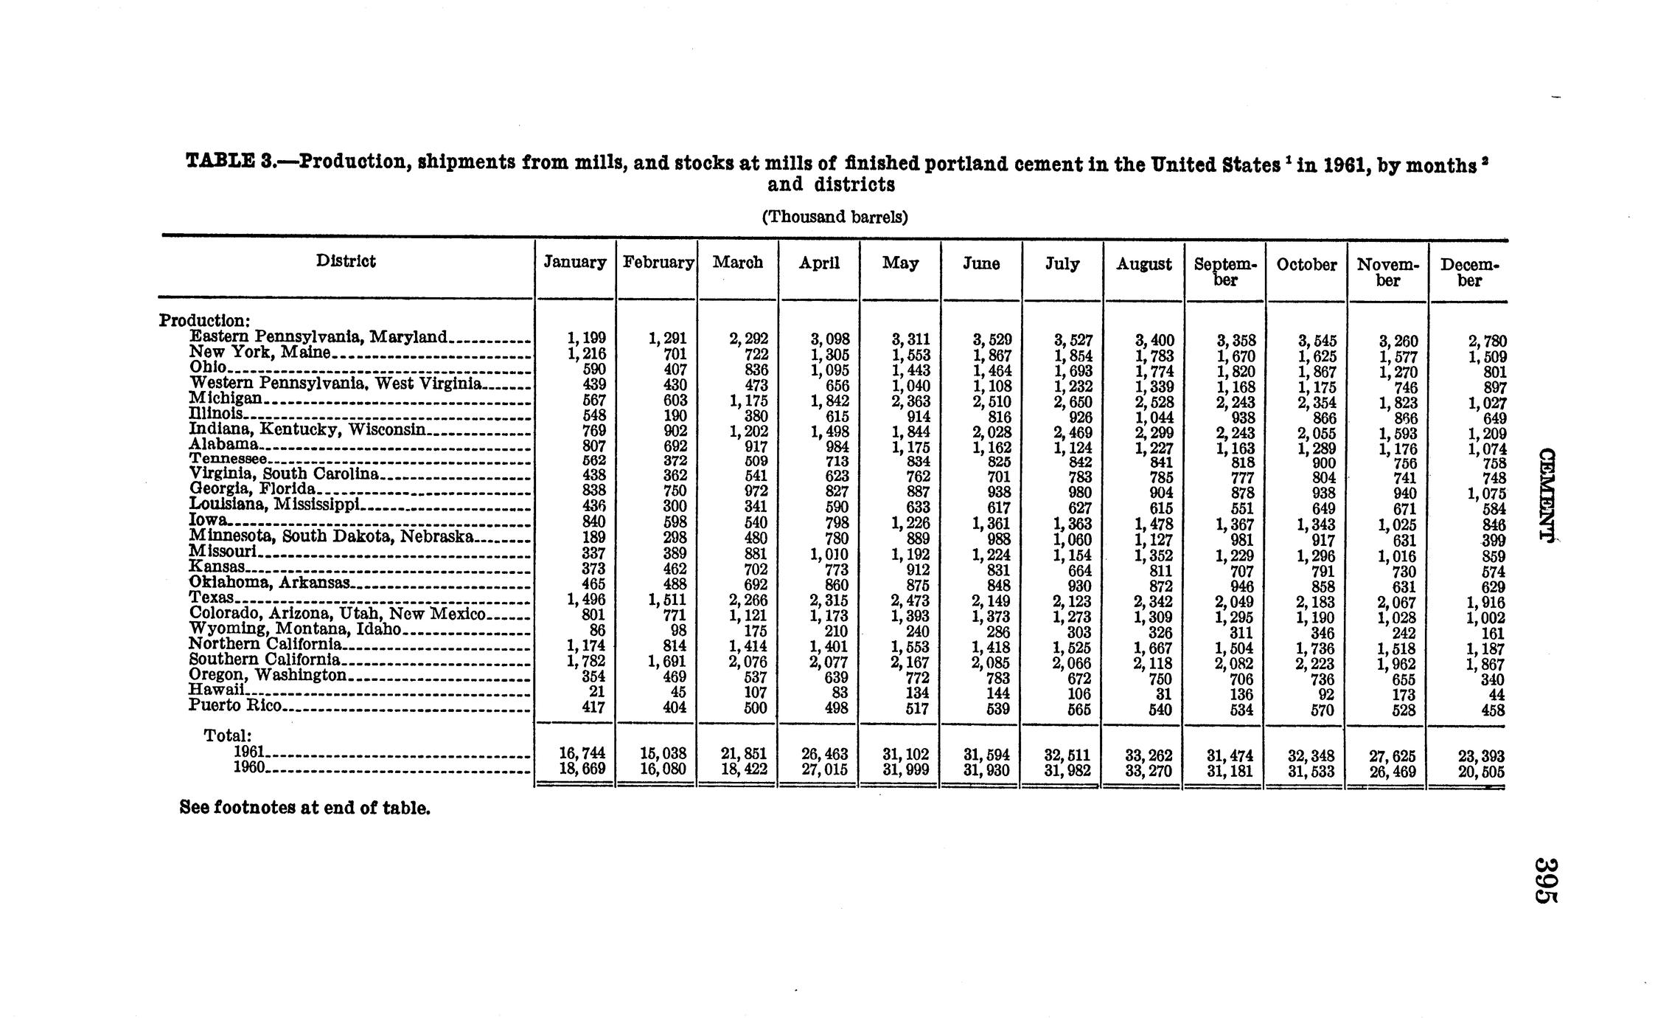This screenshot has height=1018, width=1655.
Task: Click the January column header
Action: [574, 263]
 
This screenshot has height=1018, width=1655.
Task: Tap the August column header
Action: [1143, 264]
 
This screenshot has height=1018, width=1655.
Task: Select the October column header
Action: [1306, 265]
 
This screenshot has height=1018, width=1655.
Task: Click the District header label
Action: [346, 261]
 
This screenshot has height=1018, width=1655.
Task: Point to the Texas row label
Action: [212, 598]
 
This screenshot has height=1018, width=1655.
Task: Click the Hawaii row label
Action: [216, 690]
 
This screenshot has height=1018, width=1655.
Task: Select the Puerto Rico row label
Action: [235, 705]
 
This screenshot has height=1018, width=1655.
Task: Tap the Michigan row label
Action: [226, 398]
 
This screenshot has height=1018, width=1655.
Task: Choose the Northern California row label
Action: [265, 644]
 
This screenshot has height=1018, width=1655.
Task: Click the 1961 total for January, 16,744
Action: [583, 754]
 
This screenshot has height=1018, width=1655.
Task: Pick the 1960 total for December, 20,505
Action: [1481, 772]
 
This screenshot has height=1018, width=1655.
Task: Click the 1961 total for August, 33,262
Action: [1151, 755]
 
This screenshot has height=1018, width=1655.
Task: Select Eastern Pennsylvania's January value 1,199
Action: [585, 339]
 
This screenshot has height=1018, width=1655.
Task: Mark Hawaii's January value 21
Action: [597, 692]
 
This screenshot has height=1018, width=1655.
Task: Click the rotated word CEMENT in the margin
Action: [1547, 494]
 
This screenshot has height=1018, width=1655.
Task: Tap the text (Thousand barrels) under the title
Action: [835, 217]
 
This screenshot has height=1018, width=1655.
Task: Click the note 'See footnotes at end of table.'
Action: [304, 808]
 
